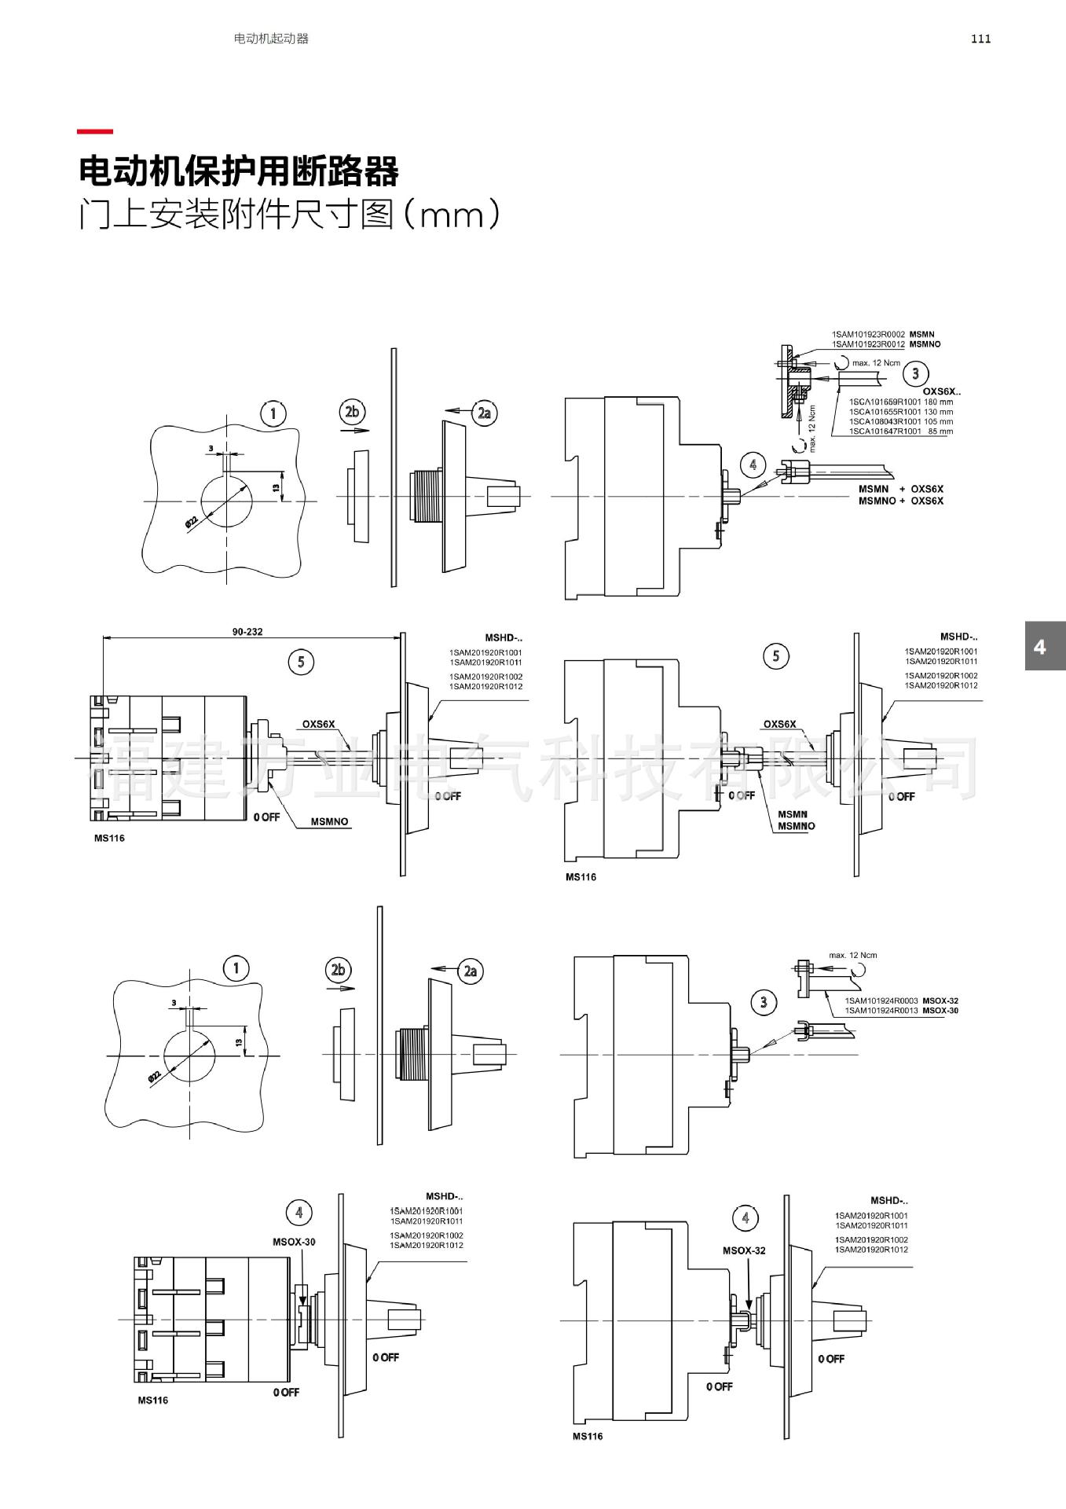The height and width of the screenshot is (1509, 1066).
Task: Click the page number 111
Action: point(980,39)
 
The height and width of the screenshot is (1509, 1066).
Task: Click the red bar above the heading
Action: point(95,132)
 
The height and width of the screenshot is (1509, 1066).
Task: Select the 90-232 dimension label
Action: point(247,631)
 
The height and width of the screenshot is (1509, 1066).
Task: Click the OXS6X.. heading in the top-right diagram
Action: point(941,391)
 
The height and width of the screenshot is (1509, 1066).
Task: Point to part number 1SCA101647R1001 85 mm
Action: point(900,431)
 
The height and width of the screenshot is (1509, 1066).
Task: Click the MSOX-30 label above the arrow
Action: point(294,1242)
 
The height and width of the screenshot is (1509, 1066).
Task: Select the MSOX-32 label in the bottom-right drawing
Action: point(743,1250)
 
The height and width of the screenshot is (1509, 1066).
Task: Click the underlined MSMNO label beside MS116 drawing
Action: point(329,821)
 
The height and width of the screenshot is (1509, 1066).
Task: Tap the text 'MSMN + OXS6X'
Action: point(900,489)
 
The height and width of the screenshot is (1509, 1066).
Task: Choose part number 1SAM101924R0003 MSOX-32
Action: point(901,1000)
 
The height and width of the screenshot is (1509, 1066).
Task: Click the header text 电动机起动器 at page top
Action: point(271,39)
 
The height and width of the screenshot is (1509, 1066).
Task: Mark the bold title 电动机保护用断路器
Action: point(239,171)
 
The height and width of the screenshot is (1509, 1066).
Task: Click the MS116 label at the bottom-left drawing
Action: point(152,1400)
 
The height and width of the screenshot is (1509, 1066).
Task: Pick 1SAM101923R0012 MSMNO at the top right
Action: point(885,344)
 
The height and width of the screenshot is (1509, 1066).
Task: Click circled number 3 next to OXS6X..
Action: point(915,373)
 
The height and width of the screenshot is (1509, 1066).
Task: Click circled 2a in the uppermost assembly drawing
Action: point(485,413)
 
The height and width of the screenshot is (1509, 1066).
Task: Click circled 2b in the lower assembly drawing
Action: point(338,970)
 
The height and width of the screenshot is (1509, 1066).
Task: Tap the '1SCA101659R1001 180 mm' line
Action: point(900,402)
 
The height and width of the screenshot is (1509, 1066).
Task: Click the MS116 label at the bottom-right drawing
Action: point(588,1436)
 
